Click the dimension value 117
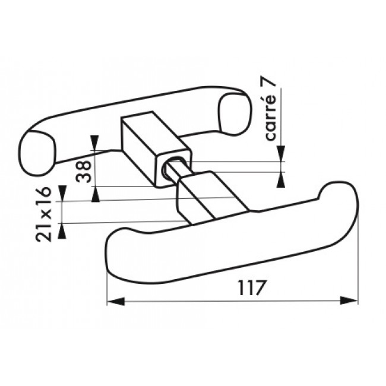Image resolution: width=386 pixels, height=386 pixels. (251, 287)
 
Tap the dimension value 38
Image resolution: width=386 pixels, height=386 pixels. (84, 172)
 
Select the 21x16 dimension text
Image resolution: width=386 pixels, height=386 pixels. (44, 214)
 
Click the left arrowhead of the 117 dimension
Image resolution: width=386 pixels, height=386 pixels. (116, 301)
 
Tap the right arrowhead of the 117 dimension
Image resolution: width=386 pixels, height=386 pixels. (349, 300)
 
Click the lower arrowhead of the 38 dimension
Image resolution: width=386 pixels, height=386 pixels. (96, 194)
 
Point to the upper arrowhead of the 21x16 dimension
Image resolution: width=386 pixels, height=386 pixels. (62, 194)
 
